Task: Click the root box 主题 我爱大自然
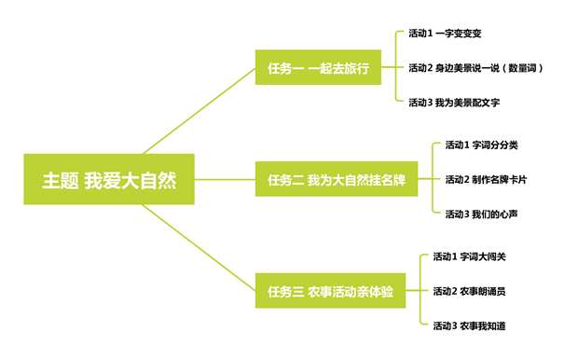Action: [x=108, y=179]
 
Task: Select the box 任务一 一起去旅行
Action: [x=318, y=68]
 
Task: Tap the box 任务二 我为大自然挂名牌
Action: [x=337, y=179]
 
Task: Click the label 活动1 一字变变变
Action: [x=445, y=34]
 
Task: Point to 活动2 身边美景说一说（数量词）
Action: [x=475, y=68]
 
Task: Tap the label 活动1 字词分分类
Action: [x=481, y=145]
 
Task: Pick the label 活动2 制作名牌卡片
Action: [x=486, y=179]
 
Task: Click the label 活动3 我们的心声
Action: [x=481, y=214]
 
